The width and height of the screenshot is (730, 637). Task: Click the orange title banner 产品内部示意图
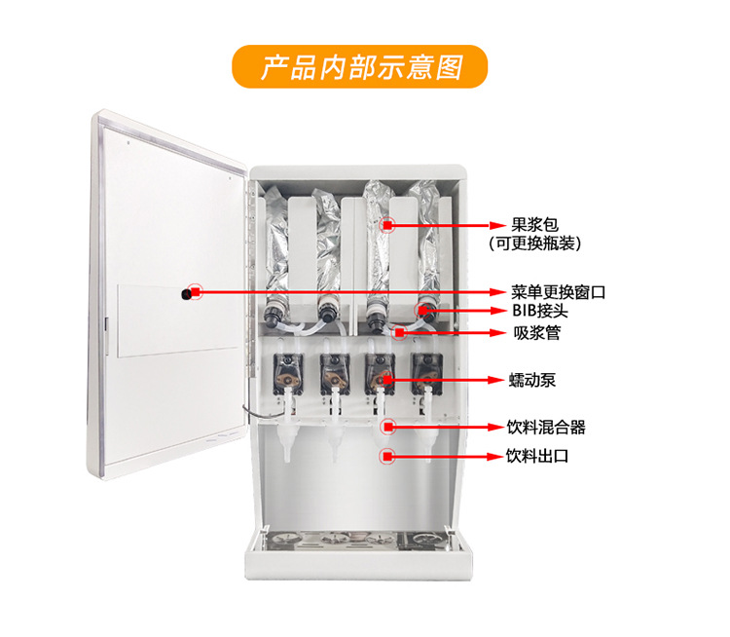tap(359, 66)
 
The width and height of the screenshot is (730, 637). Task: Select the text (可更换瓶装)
tap(541, 243)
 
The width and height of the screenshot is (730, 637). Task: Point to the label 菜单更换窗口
tap(559, 291)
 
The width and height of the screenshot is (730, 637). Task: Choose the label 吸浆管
tap(536, 333)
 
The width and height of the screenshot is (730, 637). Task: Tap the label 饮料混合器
tap(546, 427)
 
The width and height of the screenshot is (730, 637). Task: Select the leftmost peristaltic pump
tap(289, 369)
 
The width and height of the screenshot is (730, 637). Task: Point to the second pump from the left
tap(334, 369)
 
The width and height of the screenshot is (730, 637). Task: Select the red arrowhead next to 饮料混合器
tap(493, 427)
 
